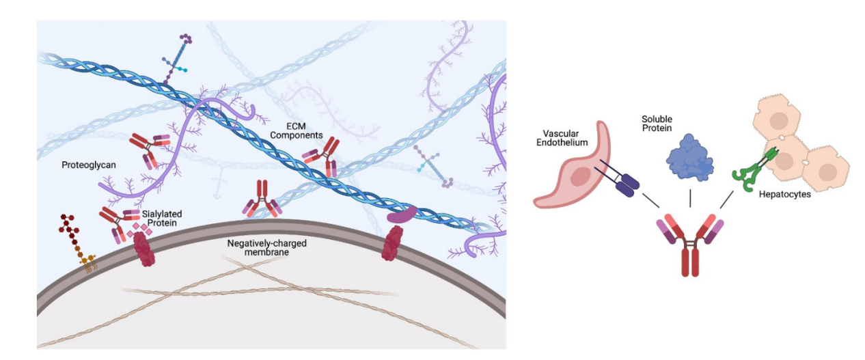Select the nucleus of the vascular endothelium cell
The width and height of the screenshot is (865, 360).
(581, 177)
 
